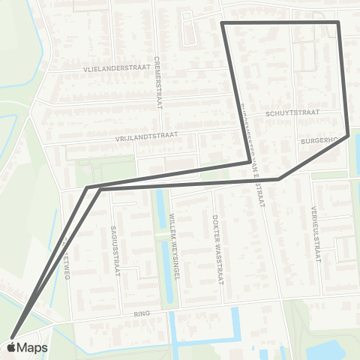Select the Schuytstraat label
(x=292, y=113)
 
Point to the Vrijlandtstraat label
(x=146, y=136)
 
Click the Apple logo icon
(x=11, y=347)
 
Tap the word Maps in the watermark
(x=33, y=347)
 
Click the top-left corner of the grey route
(x=222, y=24)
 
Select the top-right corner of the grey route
(x=338, y=23)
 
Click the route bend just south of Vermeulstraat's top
(x=279, y=179)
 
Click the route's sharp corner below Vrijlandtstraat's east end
(x=250, y=160)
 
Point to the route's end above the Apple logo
(x=12, y=336)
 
